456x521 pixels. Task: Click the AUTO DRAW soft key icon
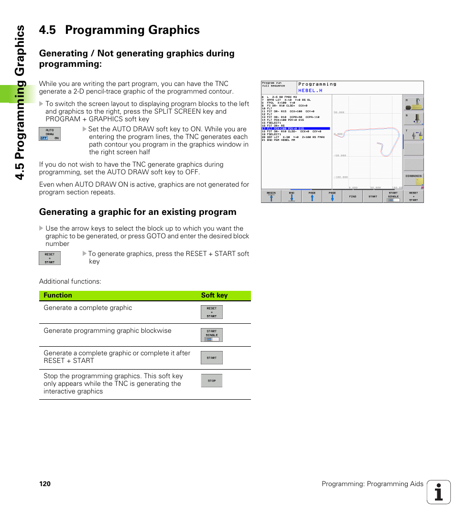tap(50, 134)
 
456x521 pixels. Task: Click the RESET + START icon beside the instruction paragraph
tap(50, 258)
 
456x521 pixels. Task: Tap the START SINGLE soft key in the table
tap(211, 335)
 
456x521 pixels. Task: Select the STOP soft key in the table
tap(211, 381)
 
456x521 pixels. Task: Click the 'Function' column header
tap(58, 296)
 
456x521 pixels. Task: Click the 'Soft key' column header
tap(214, 296)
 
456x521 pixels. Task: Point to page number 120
tap(45, 484)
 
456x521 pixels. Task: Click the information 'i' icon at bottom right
tap(439, 492)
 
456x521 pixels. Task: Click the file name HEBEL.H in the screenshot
tap(310, 90)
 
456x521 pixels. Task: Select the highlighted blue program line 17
tap(295, 128)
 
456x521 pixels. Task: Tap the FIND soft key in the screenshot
tap(352, 196)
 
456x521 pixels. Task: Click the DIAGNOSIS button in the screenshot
tap(413, 179)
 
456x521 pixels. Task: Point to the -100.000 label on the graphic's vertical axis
tap(340, 177)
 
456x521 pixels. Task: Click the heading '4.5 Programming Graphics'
tap(119, 30)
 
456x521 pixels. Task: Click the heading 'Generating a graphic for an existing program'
tap(138, 212)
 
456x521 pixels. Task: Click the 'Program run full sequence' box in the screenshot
tap(279, 87)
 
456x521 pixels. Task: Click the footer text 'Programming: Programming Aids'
tap(372, 484)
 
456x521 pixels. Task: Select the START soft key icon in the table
tap(211, 358)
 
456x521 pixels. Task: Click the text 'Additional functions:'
tap(70, 282)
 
